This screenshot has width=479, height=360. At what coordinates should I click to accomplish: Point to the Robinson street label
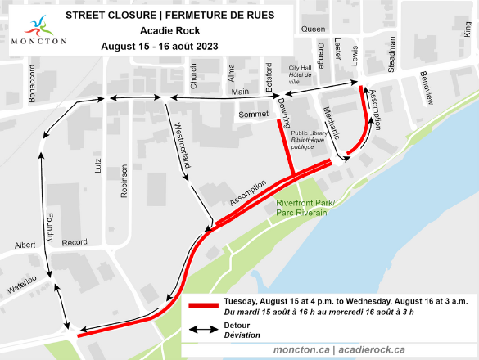(x=125, y=182)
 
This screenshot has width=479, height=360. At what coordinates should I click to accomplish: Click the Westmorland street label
(x=183, y=145)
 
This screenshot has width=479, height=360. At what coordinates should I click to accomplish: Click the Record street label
(x=75, y=242)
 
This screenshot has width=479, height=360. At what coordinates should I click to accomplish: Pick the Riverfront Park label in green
(x=301, y=207)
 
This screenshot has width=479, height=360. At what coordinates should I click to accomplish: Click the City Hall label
(x=296, y=72)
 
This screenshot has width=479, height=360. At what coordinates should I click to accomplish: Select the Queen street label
(x=313, y=28)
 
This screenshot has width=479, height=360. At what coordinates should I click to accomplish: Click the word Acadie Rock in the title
(x=166, y=30)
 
